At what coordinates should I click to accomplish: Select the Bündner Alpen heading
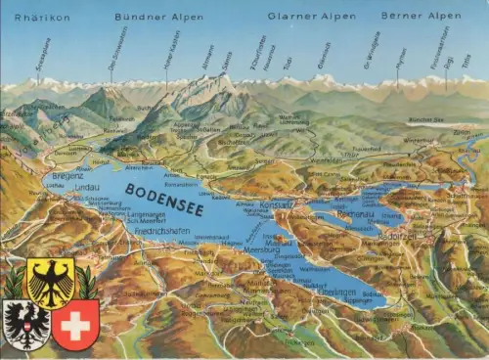click(158, 17)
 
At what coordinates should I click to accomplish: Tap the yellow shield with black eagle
click(49, 283)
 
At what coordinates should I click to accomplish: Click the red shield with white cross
click(75, 325)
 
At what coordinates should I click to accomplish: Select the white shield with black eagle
click(25, 325)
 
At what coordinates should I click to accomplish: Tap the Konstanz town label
click(277, 203)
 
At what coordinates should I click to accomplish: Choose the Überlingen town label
click(337, 292)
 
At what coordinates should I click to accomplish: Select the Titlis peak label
click(466, 61)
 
